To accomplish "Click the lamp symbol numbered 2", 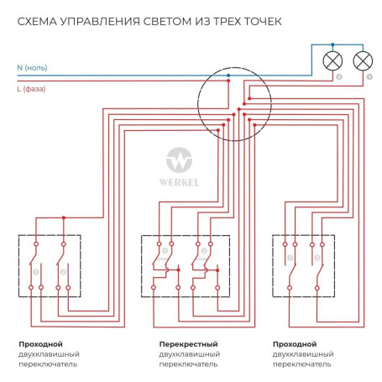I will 332,60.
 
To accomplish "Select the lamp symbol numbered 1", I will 362,60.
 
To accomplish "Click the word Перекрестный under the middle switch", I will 188,344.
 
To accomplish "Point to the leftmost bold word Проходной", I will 40,344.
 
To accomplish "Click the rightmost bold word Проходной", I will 295,344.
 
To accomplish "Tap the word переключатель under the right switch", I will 302,365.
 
